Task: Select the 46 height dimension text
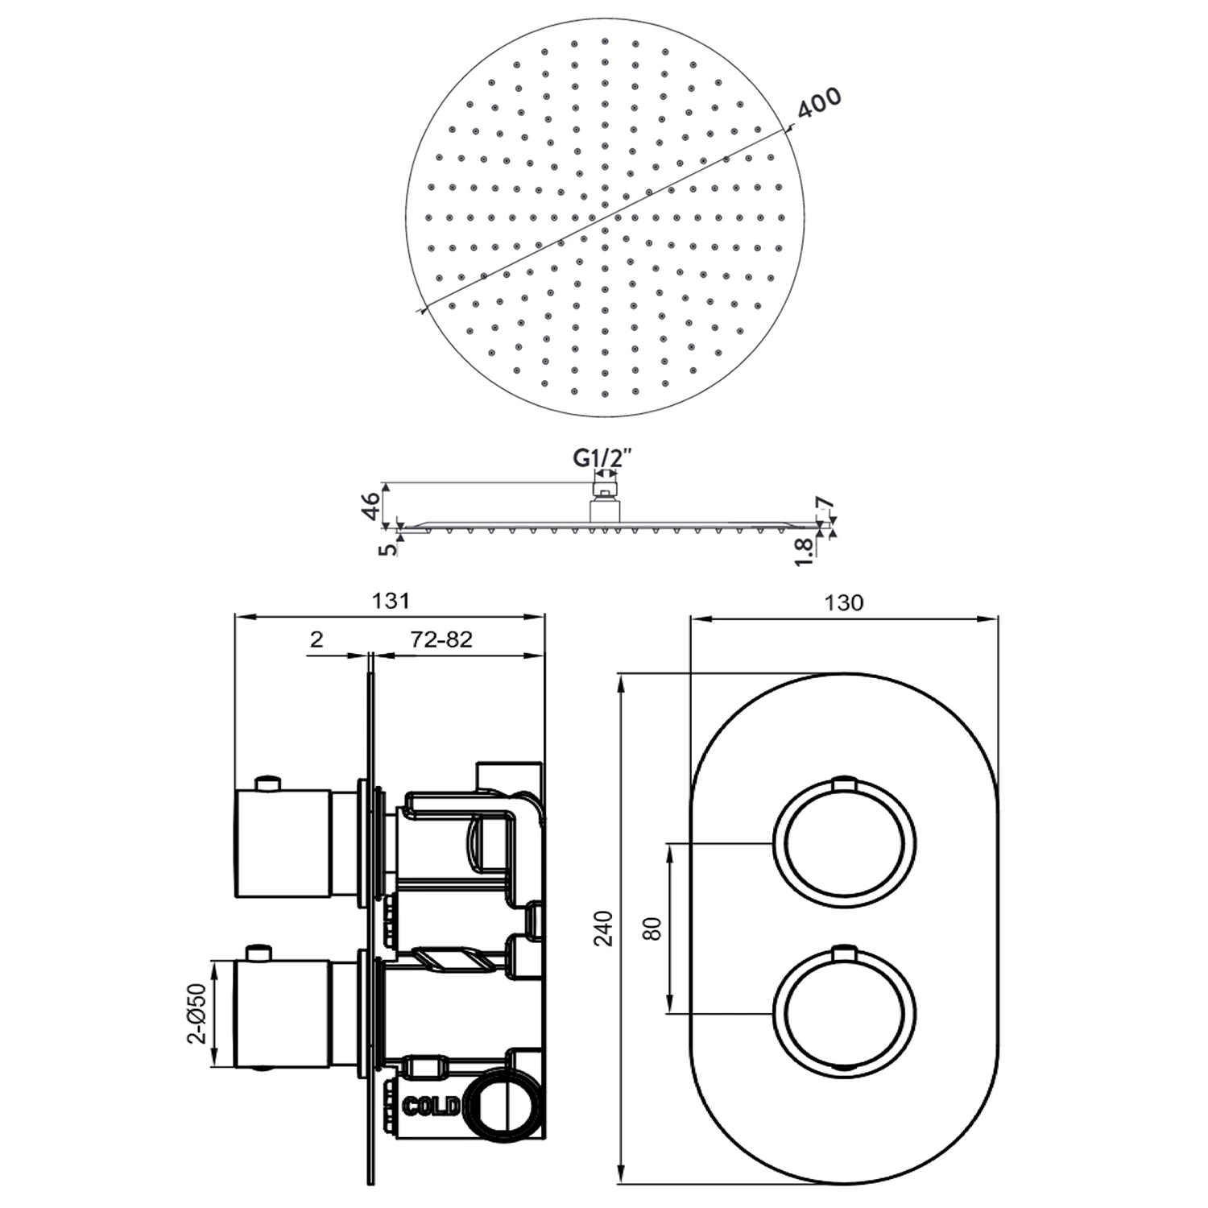[371, 507]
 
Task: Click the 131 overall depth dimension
[391, 601]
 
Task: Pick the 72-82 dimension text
[441, 639]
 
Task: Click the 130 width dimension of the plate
[844, 602]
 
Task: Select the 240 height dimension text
[605, 928]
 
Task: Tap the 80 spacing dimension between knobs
[652, 928]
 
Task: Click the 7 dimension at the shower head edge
[822, 505]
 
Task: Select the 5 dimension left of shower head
[390, 549]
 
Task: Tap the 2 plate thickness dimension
[316, 639]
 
